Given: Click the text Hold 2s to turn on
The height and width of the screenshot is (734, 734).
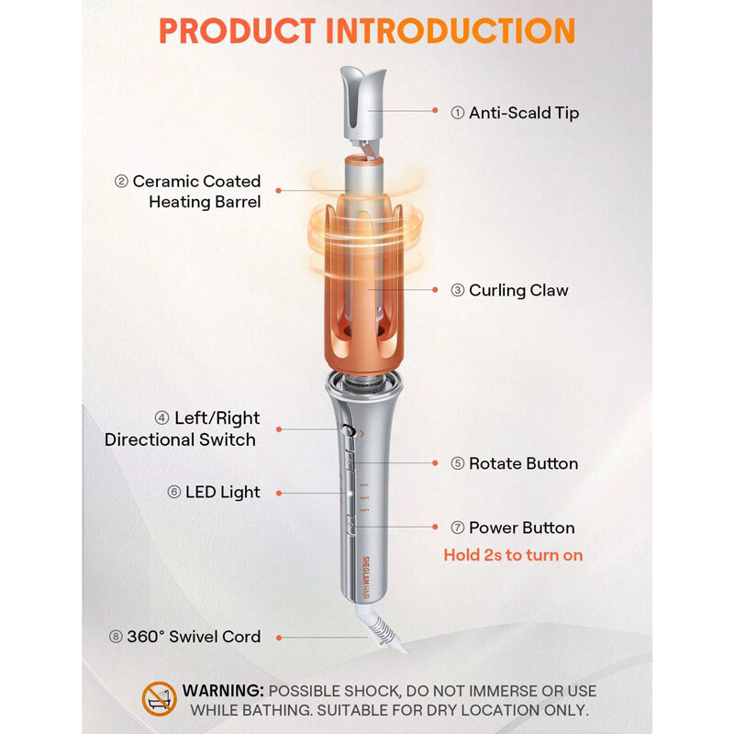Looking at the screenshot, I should coord(513,555).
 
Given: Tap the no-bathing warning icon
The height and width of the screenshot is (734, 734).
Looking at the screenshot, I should coord(159,699).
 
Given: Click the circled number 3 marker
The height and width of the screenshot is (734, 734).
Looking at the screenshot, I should coord(458,291).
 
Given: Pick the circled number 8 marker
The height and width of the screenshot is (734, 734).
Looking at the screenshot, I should coord(115,637).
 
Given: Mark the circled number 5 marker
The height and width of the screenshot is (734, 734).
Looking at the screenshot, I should coord(458,463).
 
